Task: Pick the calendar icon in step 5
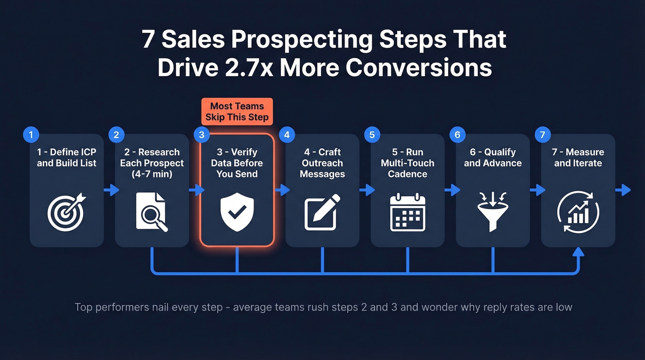[x=407, y=213]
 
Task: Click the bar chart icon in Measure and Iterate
[x=578, y=212]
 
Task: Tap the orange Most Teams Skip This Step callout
[x=237, y=112]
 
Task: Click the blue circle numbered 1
[x=31, y=135]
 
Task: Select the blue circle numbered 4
[x=287, y=135]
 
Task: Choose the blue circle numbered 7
[x=542, y=135]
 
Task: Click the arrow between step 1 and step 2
[x=111, y=190]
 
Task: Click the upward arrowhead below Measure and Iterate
[x=578, y=252]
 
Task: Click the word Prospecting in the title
[x=301, y=41]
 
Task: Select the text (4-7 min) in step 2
[x=152, y=174]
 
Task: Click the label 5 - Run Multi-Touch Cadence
[x=407, y=163]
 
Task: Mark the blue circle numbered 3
[x=201, y=135]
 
